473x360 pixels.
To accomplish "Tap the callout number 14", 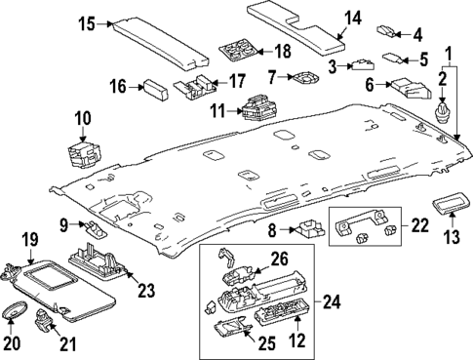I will click(x=353, y=17).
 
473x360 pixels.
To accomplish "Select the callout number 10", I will click(x=82, y=119).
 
